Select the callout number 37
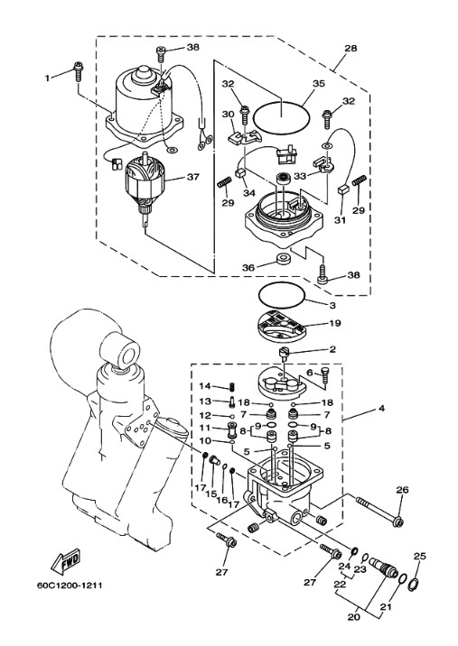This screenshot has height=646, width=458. pos(192,177)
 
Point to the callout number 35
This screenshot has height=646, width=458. pos(319,83)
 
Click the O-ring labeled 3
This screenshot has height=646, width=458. pos(282,294)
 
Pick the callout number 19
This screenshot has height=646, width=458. pos(335,323)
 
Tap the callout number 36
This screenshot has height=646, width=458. pos(248,267)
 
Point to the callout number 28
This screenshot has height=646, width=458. pos(351,48)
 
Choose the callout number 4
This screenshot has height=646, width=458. pos(381,409)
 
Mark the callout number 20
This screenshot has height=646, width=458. pos(353,617)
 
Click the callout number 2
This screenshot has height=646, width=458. pos(332,349)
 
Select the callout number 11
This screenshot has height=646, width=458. pos(205,428)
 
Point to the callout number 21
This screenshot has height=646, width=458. pos(386,607)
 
